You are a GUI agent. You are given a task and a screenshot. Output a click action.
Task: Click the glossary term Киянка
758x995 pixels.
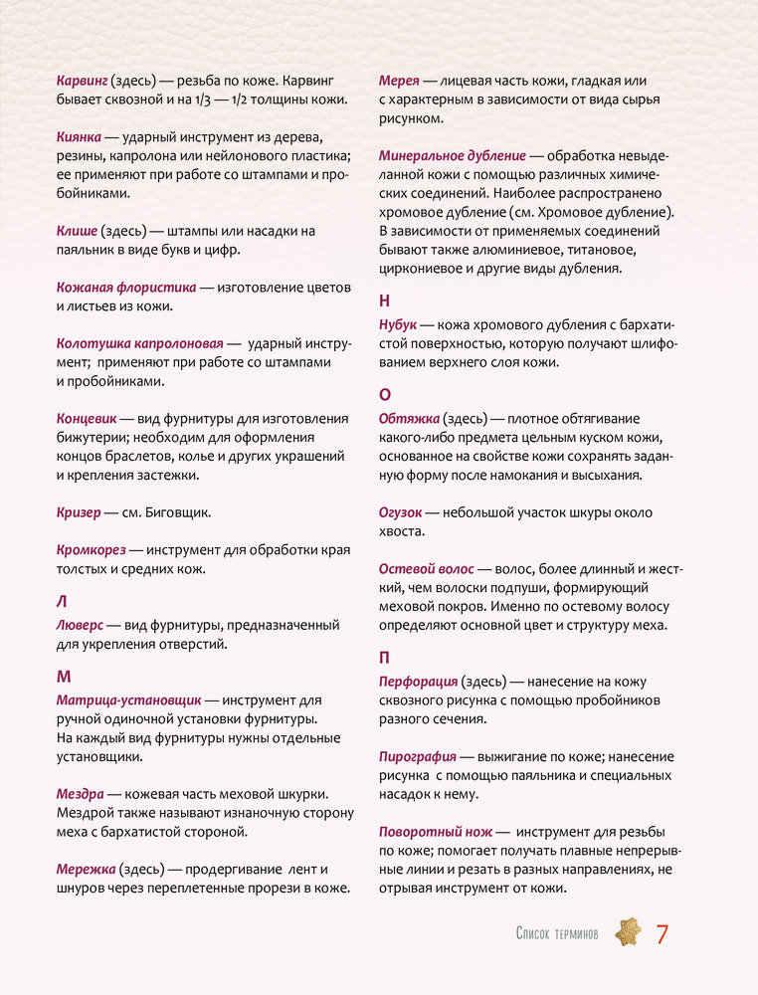(80, 137)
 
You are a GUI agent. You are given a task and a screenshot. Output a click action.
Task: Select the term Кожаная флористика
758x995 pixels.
(125, 288)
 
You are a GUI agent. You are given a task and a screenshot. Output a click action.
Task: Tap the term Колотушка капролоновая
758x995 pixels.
(139, 343)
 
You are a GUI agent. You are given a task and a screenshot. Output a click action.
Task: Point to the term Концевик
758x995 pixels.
(87, 418)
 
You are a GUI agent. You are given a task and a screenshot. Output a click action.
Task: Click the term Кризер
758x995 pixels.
(79, 512)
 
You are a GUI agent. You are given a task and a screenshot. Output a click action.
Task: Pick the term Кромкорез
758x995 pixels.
(93, 549)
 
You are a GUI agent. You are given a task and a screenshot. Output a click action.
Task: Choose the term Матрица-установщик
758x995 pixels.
(129, 699)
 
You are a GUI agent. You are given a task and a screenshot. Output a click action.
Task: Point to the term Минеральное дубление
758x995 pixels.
(453, 155)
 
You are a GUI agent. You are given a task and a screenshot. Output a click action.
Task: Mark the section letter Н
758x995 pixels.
(385, 300)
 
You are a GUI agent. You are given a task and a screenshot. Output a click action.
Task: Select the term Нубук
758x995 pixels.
(398, 324)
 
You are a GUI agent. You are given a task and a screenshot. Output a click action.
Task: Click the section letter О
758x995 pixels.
(385, 393)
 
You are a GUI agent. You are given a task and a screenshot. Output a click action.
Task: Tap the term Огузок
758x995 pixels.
(403, 512)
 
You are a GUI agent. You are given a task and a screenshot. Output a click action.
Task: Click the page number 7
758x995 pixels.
(661, 934)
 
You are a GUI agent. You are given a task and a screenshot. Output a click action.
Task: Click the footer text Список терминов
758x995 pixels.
(556, 934)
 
